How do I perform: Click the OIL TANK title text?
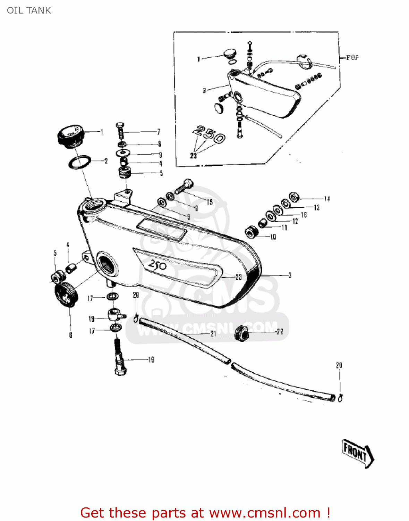pos(29,10)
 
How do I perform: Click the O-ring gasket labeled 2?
pos(80,162)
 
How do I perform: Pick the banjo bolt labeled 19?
pos(120,358)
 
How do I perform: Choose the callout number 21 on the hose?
pos(213,334)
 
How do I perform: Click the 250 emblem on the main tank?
pos(158,265)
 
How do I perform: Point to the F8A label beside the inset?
pos(352,58)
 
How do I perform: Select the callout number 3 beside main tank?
pos(290,275)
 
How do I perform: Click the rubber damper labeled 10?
pos(252,232)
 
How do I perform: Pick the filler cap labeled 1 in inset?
pos(229,54)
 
